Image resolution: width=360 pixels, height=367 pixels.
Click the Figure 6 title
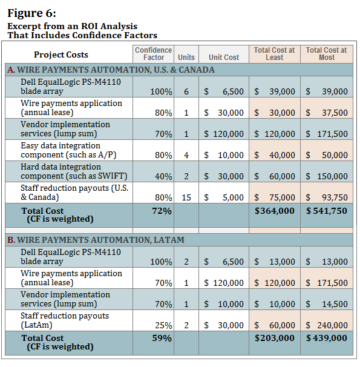point(32,13)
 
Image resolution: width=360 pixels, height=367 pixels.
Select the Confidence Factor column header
point(153,54)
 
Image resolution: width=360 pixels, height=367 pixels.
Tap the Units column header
point(186,58)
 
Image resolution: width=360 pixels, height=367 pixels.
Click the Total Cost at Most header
point(327,54)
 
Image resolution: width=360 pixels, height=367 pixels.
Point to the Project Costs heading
point(61,55)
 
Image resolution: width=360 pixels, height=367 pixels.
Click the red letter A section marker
point(11,70)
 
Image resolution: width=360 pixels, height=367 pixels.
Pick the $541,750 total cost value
point(327,211)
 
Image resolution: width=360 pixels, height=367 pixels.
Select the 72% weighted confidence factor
point(162,211)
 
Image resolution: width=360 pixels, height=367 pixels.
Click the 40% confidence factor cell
point(163,176)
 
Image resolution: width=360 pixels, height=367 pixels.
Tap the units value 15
point(186,197)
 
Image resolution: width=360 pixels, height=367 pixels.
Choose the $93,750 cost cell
point(327,197)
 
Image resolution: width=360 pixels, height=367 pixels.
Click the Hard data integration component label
point(74,171)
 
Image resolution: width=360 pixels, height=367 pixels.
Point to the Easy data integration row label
point(68,150)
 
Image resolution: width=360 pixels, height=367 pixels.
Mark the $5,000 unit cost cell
point(224,197)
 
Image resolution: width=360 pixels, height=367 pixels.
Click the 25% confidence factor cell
point(163,325)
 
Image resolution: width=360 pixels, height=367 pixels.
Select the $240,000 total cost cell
point(327,325)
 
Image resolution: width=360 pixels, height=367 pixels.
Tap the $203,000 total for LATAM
point(275,338)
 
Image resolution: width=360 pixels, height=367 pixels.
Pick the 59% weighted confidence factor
point(162,338)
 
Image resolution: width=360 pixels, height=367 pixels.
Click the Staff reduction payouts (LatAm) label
point(65,320)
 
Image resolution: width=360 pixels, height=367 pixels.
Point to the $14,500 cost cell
point(327,304)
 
